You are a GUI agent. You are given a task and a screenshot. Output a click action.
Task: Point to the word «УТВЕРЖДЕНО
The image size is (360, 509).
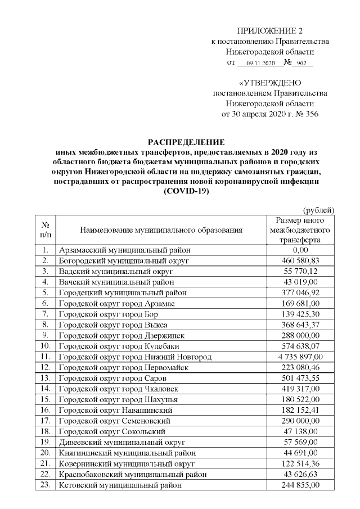(269, 83)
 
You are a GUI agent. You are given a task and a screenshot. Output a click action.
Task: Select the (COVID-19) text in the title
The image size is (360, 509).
(186, 192)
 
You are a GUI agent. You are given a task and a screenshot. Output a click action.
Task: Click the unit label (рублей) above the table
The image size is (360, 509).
(319, 210)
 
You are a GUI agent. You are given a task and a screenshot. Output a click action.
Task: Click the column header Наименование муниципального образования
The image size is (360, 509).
(161, 230)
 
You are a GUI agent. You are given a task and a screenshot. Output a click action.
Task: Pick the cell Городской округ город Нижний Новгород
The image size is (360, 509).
(135, 357)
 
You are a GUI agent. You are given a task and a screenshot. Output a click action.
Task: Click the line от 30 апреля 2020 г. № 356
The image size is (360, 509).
(270, 114)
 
